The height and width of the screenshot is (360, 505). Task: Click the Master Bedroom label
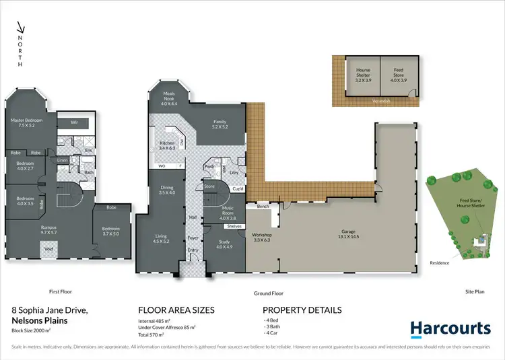(27, 123)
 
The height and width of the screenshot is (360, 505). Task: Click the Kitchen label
(167, 145)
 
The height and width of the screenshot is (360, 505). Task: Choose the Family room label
(220, 124)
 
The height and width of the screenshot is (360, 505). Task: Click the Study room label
(224, 244)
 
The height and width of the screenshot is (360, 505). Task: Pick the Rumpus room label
(48, 229)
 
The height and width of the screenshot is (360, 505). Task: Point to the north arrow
(21, 30)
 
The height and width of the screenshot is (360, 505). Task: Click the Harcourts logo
(450, 328)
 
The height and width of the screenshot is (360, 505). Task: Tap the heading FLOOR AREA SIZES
(176, 310)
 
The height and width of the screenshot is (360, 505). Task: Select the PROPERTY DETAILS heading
(302, 310)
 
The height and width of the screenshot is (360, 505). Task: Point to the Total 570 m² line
(154, 334)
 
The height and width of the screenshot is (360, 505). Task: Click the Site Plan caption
(475, 292)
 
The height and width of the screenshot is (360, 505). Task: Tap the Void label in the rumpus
(49, 248)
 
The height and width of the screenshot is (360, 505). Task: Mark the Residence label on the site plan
(442, 262)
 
